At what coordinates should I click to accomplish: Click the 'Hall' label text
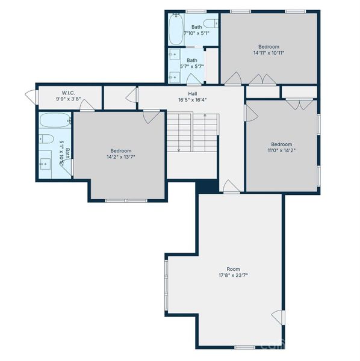coord(193,93)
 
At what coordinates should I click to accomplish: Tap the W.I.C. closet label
coord(67,93)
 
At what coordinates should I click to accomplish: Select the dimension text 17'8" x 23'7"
coord(232,276)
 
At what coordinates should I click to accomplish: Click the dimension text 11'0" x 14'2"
coord(281,151)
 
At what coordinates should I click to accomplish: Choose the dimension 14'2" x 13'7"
coord(120,158)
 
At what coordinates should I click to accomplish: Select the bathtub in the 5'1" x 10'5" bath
coord(55,120)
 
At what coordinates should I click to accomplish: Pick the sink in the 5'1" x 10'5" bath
coord(46,163)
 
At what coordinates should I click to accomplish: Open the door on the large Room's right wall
coord(278,316)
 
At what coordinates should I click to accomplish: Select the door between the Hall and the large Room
coord(230,187)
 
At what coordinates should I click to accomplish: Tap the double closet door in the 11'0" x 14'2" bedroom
coord(296,104)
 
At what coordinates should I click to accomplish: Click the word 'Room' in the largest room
coord(232,269)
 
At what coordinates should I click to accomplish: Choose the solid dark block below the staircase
coord(206,185)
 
